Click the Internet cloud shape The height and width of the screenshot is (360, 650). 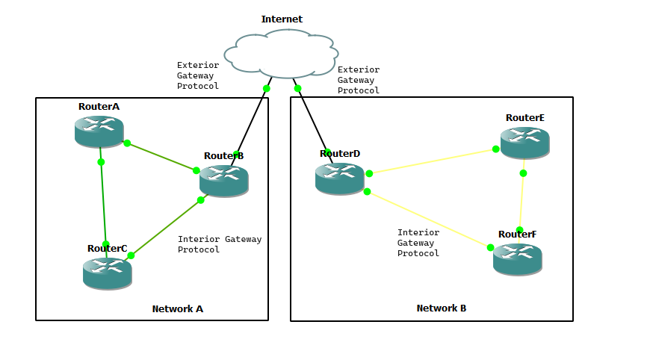[282, 53]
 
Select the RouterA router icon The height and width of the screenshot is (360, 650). [99, 131]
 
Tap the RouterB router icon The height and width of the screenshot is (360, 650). [223, 181]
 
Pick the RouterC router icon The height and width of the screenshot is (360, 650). [107, 273]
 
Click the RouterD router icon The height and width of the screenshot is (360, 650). [339, 179]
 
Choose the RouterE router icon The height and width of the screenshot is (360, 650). [524, 142]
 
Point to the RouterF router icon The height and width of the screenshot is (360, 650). [517, 258]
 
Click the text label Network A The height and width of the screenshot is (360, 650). [178, 308]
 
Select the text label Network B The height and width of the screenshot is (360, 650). [442, 308]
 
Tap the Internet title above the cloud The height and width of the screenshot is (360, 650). [282, 19]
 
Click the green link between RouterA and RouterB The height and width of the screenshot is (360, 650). [161, 157]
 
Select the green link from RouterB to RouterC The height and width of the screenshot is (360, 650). [166, 228]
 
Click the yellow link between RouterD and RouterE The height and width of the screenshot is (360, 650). [432, 161]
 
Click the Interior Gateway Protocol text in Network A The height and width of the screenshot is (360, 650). [219, 244]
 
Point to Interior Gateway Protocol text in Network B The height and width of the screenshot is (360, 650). [418, 243]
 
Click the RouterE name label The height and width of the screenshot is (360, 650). [524, 117]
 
